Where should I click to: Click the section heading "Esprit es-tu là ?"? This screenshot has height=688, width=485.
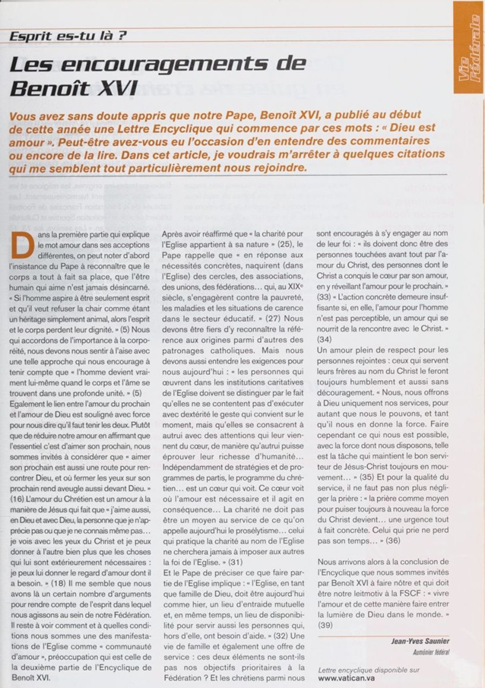point(68,35)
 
